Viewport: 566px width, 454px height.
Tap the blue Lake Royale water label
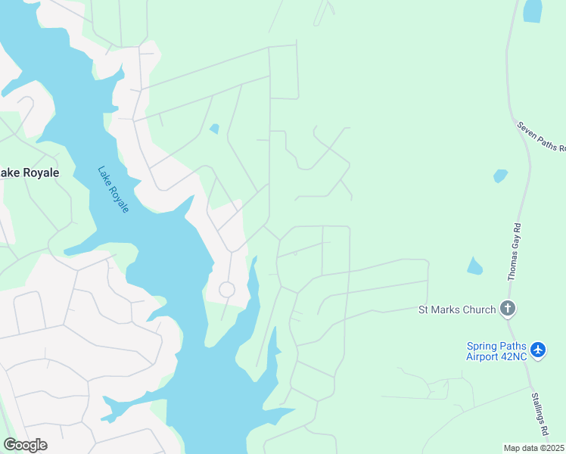(x=113, y=189)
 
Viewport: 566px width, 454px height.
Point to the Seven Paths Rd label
(x=541, y=136)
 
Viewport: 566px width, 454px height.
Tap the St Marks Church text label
(x=457, y=309)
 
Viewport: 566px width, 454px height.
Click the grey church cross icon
(x=508, y=309)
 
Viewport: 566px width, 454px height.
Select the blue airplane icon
(x=538, y=350)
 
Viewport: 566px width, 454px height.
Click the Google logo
(x=25, y=445)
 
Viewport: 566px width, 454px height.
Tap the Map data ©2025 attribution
(x=534, y=448)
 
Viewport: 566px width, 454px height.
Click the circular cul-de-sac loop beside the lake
(x=226, y=289)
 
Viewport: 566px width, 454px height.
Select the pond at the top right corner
(x=533, y=11)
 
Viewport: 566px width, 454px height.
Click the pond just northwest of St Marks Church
(x=474, y=266)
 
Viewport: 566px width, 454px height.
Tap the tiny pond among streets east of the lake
(x=214, y=129)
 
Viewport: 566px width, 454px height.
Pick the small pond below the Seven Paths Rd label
(x=500, y=176)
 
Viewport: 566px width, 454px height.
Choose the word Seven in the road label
(x=527, y=127)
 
